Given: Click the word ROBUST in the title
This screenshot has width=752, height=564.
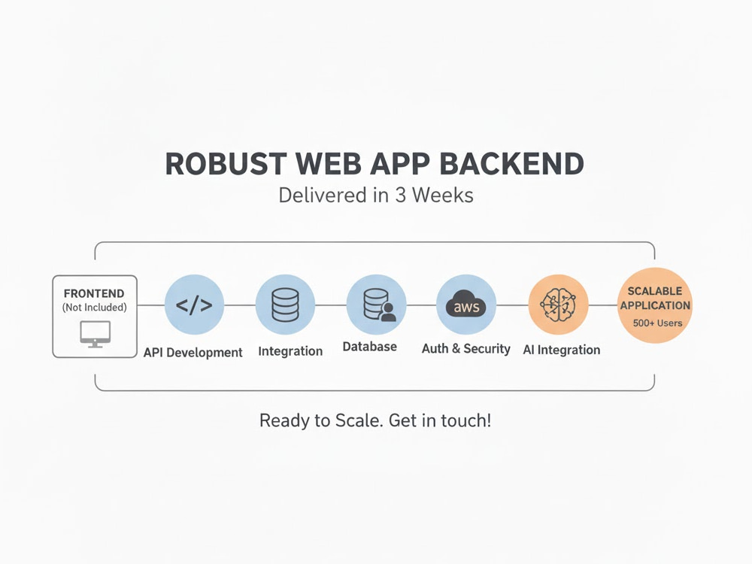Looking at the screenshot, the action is coord(226,164).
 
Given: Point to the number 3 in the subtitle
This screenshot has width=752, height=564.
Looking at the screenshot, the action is coord(401,196).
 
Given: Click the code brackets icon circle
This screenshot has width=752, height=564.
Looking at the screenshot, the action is coord(194,305).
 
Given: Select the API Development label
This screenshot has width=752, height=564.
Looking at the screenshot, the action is coord(193,353).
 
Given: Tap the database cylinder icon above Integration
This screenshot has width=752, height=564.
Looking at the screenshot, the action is coord(285,305).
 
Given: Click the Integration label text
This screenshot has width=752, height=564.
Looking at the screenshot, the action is coord(290,351).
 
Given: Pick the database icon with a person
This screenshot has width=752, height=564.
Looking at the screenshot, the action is coord(379,305).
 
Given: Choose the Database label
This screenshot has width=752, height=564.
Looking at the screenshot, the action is coord(370,346).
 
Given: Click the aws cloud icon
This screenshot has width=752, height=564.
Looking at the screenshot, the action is coord(465,304).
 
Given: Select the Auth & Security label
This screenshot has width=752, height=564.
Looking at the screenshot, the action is coord(465,349).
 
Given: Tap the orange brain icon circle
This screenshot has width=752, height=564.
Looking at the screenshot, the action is coord(558,305).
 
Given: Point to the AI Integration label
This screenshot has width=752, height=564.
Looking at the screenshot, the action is coord(562,350).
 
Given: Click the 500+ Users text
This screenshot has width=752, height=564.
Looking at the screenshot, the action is coord(657,323).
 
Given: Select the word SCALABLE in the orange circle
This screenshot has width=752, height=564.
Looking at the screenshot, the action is coord(655,291).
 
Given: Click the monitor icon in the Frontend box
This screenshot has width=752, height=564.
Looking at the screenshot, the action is coord(95,334).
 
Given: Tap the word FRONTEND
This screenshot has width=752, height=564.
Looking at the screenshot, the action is coord(94,293).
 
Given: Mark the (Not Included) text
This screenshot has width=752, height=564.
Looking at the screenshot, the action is coord(95,308).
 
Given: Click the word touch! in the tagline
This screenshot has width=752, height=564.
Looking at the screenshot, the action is coord(466,420).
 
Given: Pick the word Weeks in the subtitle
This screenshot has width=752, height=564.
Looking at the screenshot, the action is coord(443,196).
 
